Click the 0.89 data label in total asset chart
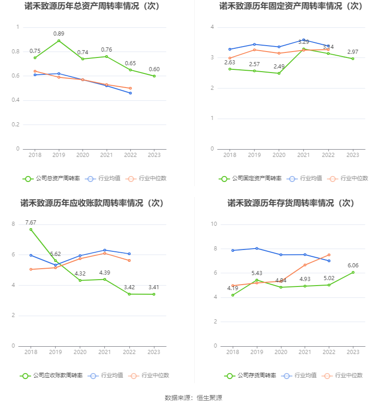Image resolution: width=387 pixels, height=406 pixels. click(x=59, y=34)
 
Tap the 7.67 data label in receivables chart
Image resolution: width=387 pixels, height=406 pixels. click(x=31, y=222)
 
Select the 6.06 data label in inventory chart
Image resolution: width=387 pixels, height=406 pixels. click(x=353, y=265)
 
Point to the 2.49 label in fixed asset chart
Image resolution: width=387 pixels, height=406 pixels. click(x=279, y=66)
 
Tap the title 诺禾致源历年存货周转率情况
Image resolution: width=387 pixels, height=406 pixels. click(x=291, y=203)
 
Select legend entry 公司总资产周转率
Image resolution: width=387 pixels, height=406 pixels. click(x=51, y=178)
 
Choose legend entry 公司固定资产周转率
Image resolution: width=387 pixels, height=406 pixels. click(x=250, y=178)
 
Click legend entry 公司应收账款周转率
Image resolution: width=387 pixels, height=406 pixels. click(x=51, y=375)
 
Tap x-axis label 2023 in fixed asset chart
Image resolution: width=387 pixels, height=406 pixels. click(x=353, y=155)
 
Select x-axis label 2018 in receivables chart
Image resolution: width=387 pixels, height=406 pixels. click(x=31, y=352)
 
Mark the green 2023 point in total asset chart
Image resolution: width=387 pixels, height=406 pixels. click(x=154, y=76)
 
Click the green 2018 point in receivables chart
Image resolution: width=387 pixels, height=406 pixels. click(x=31, y=229)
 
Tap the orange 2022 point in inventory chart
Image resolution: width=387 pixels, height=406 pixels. click(x=329, y=255)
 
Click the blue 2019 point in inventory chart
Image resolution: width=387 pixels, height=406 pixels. click(x=257, y=248)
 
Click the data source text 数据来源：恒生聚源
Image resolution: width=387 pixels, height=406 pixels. click(x=193, y=398)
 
